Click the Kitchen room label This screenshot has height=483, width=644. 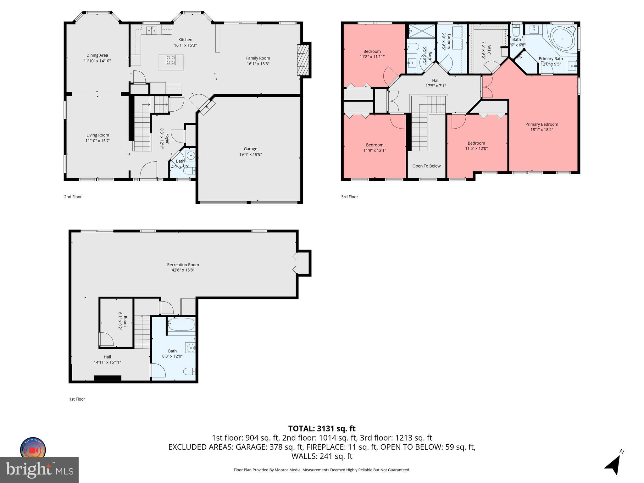click(x=185, y=40)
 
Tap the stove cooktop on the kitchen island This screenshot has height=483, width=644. click(x=171, y=60)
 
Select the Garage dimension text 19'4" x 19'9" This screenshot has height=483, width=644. click(x=250, y=154)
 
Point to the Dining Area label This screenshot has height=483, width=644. click(x=97, y=55)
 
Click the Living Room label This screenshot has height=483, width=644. click(x=98, y=135)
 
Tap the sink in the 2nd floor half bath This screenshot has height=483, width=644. click(x=190, y=155)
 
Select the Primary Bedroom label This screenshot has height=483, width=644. click(x=541, y=124)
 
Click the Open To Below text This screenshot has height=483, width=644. click(x=426, y=166)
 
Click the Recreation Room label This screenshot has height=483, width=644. click(x=183, y=265)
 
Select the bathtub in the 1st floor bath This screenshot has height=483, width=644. click(x=181, y=325)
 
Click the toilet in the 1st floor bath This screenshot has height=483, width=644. click(x=190, y=371)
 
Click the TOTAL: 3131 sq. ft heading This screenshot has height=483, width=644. click(x=322, y=429)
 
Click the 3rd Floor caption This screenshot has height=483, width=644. click(x=349, y=197)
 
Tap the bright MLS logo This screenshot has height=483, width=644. click(x=39, y=470)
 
